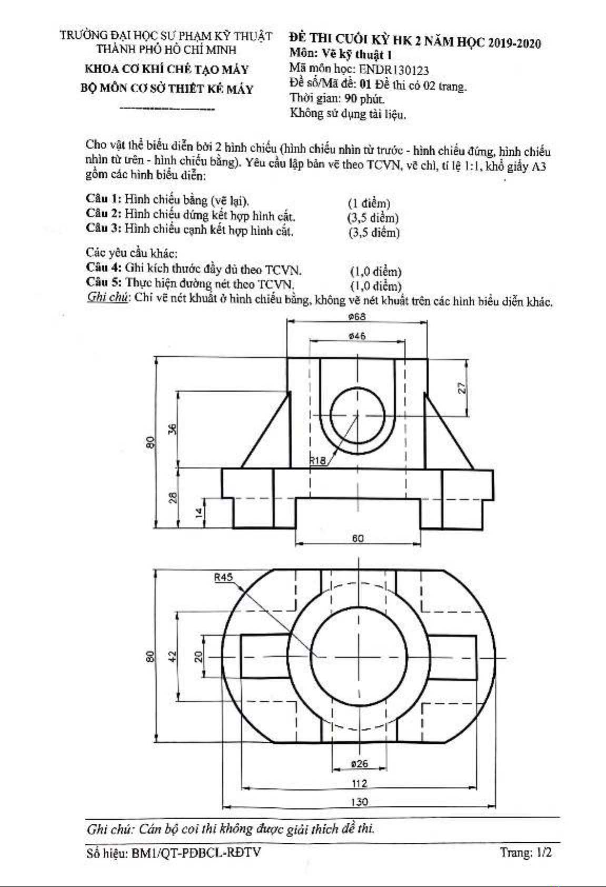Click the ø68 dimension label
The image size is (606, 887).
tap(357, 317)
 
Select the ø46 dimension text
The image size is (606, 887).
tap(357, 336)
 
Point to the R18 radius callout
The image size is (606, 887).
tap(317, 461)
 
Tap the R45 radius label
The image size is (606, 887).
tap(223, 577)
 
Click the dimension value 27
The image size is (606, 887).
tap(462, 387)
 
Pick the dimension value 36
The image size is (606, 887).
tap(173, 429)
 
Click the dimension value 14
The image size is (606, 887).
tap(200, 513)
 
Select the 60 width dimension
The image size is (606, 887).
tap(357, 538)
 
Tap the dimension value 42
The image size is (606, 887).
tap(173, 656)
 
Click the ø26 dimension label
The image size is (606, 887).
tap(359, 763)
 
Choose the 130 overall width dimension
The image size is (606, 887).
tap(359, 802)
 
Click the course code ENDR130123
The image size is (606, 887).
tap(394, 70)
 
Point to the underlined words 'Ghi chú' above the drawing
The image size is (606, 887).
tap(107, 297)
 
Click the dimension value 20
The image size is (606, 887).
tap(199, 657)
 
